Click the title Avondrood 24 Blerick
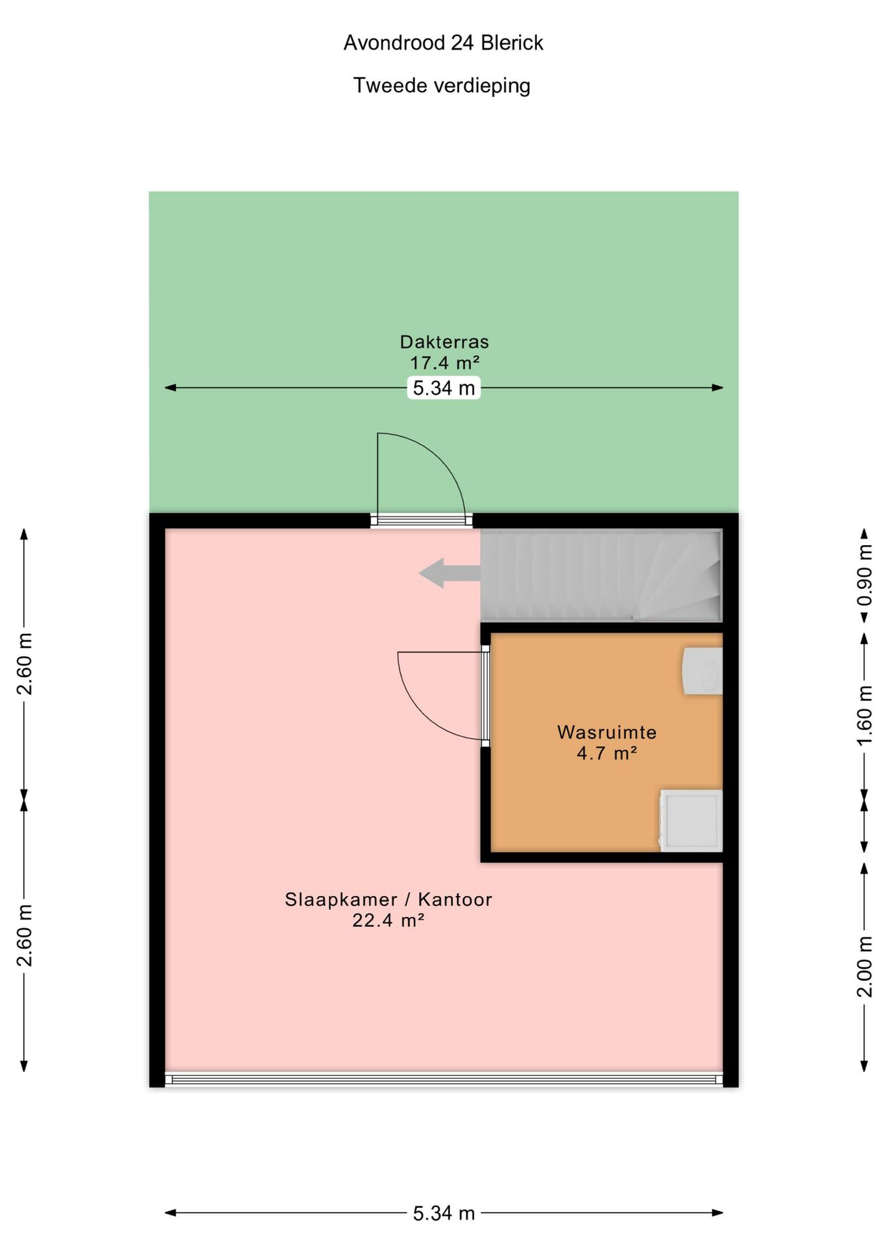[443, 43]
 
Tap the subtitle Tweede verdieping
[442, 86]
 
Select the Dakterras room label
[445, 341]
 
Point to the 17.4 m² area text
[445, 362]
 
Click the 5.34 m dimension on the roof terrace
[444, 388]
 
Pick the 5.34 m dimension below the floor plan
[444, 1213]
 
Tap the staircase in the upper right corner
[602, 575]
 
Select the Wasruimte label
[607, 732]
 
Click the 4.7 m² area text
[607, 753]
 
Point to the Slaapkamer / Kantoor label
[388, 899]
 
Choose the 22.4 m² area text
[388, 920]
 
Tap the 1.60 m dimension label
[864, 714]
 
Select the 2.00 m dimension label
[864, 967]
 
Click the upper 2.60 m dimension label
[25, 663]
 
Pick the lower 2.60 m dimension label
[25, 935]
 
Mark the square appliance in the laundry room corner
[691, 820]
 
